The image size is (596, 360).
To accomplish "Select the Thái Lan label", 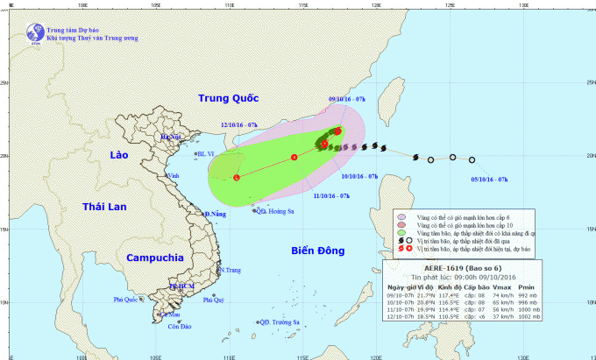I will pyautogui.click(x=104, y=206).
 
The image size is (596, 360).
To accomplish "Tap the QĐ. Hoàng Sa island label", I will pyautogui.click(x=275, y=210).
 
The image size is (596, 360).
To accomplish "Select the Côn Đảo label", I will pyautogui.click(x=179, y=327).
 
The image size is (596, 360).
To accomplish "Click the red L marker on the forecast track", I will pyautogui.click(x=237, y=178).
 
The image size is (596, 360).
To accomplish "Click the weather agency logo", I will pyautogui.click(x=35, y=34).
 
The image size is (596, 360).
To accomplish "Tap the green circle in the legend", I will pyautogui.click(x=401, y=234).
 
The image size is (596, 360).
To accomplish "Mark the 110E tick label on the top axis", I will pyautogui.click(x=229, y=4).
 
